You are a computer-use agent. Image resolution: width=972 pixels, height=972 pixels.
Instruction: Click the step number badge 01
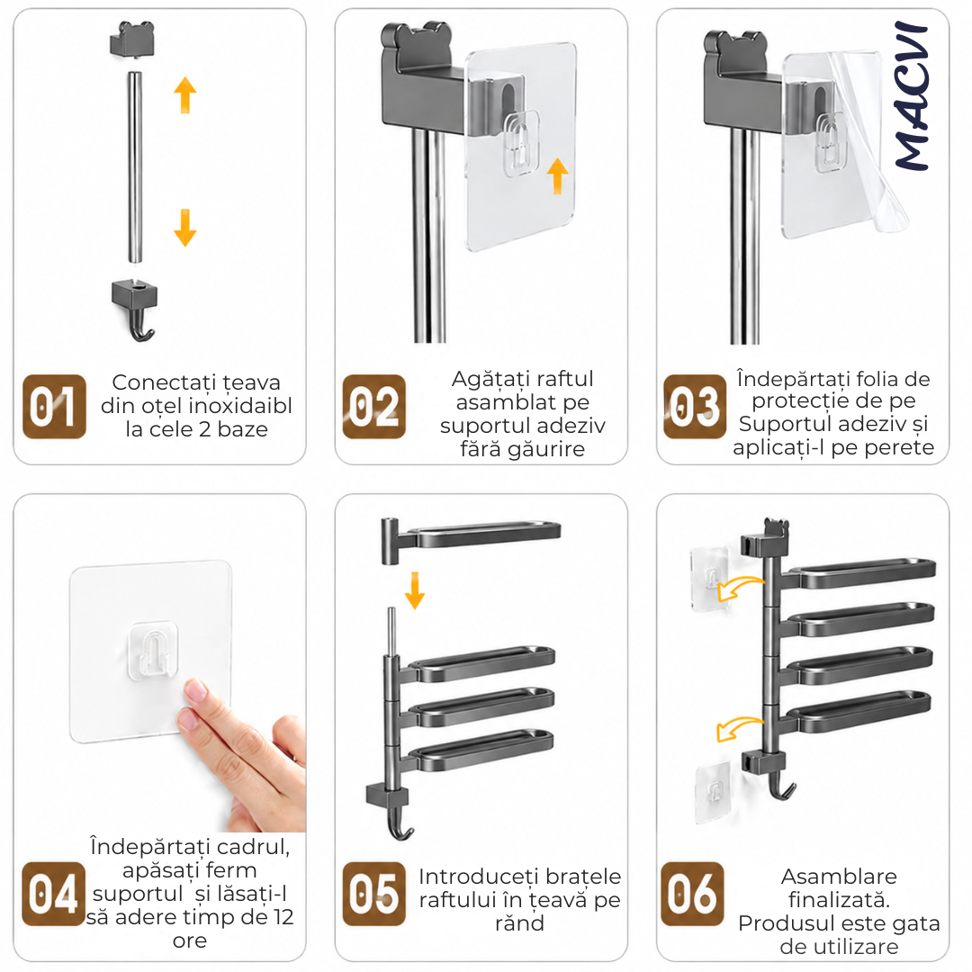(x=55, y=407)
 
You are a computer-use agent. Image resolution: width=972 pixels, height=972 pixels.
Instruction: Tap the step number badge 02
(x=374, y=407)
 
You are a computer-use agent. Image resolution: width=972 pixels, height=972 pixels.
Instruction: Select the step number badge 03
(x=694, y=407)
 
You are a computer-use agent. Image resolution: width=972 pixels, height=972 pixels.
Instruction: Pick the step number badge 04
(x=53, y=894)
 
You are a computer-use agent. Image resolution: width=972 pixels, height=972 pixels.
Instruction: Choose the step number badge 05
(x=374, y=894)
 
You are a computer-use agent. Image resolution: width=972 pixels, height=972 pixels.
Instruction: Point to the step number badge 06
(x=692, y=894)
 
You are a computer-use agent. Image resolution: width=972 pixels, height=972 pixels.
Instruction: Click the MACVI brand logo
(x=912, y=96)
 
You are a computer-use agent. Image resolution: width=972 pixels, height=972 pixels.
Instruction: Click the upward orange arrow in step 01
(x=184, y=94)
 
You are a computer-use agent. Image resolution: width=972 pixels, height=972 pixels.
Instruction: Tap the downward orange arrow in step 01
(x=184, y=228)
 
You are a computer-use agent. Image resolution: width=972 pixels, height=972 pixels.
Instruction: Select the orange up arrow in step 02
(x=558, y=176)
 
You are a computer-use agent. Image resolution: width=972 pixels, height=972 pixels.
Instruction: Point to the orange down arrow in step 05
(x=415, y=590)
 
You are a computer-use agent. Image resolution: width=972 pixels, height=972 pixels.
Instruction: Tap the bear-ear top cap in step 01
(x=132, y=40)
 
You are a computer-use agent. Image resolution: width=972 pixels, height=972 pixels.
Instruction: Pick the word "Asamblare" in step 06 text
(x=839, y=877)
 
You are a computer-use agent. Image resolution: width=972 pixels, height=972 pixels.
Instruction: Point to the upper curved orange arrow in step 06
(x=740, y=588)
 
